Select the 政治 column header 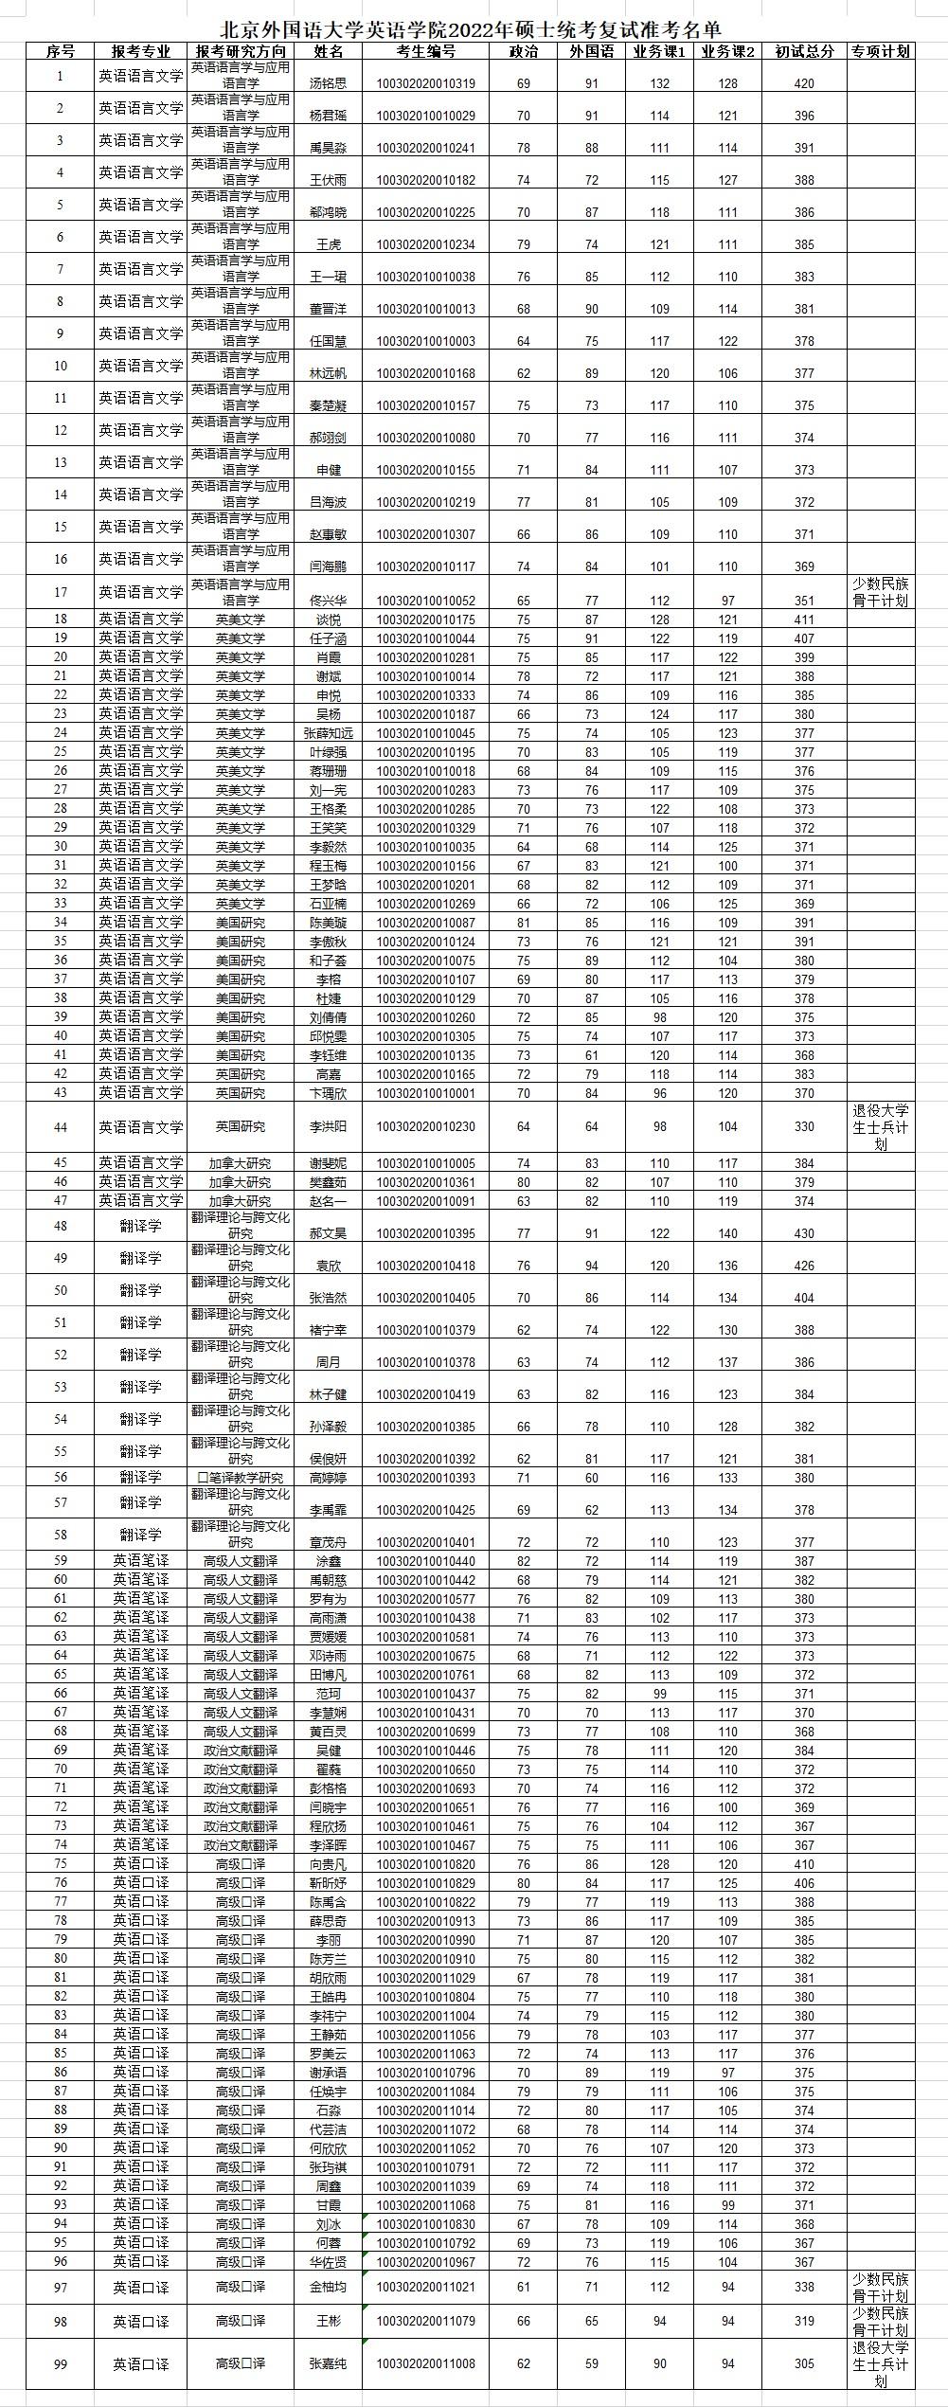click(x=524, y=51)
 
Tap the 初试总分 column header click(x=804, y=51)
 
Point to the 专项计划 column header click(x=881, y=51)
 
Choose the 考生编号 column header click(x=426, y=51)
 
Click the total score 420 click(x=804, y=83)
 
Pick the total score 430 click(x=804, y=1233)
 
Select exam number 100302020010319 click(x=426, y=83)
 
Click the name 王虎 click(x=329, y=244)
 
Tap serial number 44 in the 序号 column click(x=61, y=1126)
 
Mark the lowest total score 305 click(x=804, y=2363)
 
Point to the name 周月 click(x=329, y=1362)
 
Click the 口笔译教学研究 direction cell click(x=241, y=1478)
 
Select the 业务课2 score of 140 click(x=727, y=1233)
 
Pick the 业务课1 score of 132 click(x=660, y=83)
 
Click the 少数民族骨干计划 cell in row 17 click(x=881, y=592)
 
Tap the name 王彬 click(x=329, y=2321)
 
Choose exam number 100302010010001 click(x=426, y=1093)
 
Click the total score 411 click(x=804, y=620)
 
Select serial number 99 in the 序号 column click(x=61, y=2363)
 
